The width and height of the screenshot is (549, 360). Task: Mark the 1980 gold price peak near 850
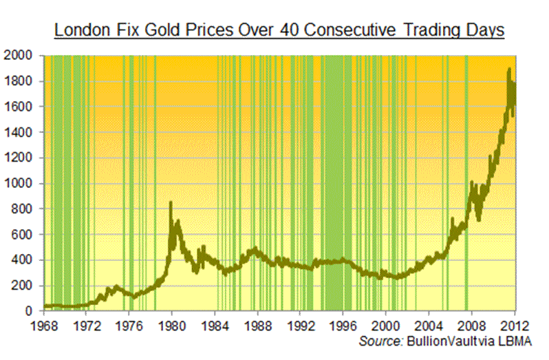coord(171,202)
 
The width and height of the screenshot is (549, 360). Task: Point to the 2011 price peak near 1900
coord(508,69)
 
